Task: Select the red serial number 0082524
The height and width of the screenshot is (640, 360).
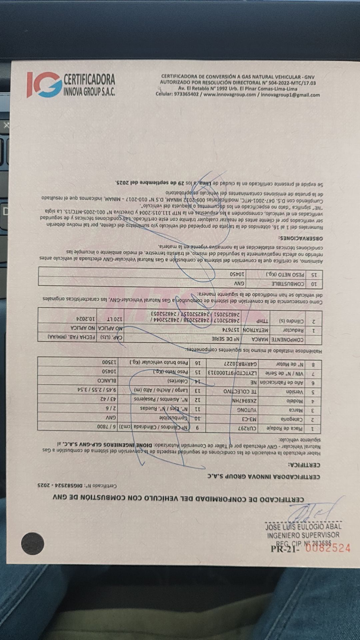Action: (x=328, y=548)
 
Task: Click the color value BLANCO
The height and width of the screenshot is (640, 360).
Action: (x=105, y=381)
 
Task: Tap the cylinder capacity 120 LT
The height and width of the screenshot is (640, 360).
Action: (x=113, y=319)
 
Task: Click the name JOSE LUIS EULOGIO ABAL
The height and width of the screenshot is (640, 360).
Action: (x=303, y=527)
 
